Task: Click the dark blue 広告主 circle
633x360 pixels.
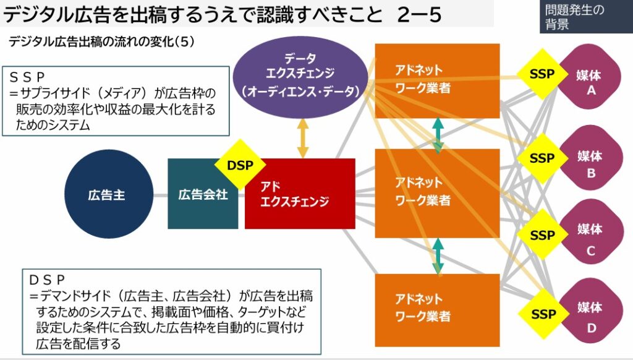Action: point(106,194)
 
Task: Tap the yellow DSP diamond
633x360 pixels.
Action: point(240,165)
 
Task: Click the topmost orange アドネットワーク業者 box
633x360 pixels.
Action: point(436,80)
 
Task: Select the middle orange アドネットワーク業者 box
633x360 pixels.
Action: point(436,192)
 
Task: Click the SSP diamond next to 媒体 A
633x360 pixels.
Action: point(542,74)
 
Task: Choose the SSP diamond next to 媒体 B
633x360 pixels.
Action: point(542,158)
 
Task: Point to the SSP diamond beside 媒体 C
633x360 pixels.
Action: point(542,235)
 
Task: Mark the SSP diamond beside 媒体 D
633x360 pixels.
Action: point(542,314)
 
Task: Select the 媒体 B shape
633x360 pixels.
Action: point(590,163)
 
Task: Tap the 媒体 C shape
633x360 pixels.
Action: point(590,239)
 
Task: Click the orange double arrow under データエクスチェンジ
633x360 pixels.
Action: point(303,138)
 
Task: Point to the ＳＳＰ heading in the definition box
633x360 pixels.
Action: point(27,77)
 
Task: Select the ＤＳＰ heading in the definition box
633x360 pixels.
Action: point(47,280)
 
